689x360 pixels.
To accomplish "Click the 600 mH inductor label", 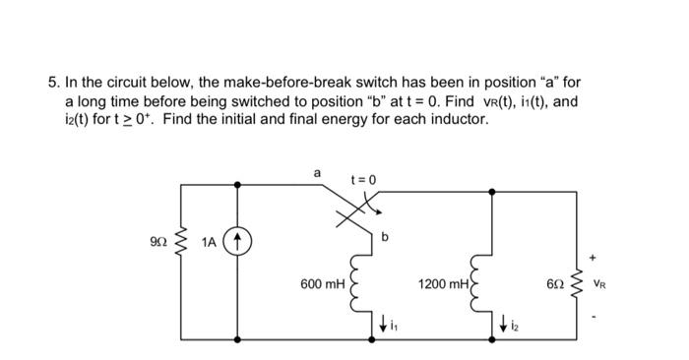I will click(323, 283).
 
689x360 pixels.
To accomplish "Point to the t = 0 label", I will click(363, 179).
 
